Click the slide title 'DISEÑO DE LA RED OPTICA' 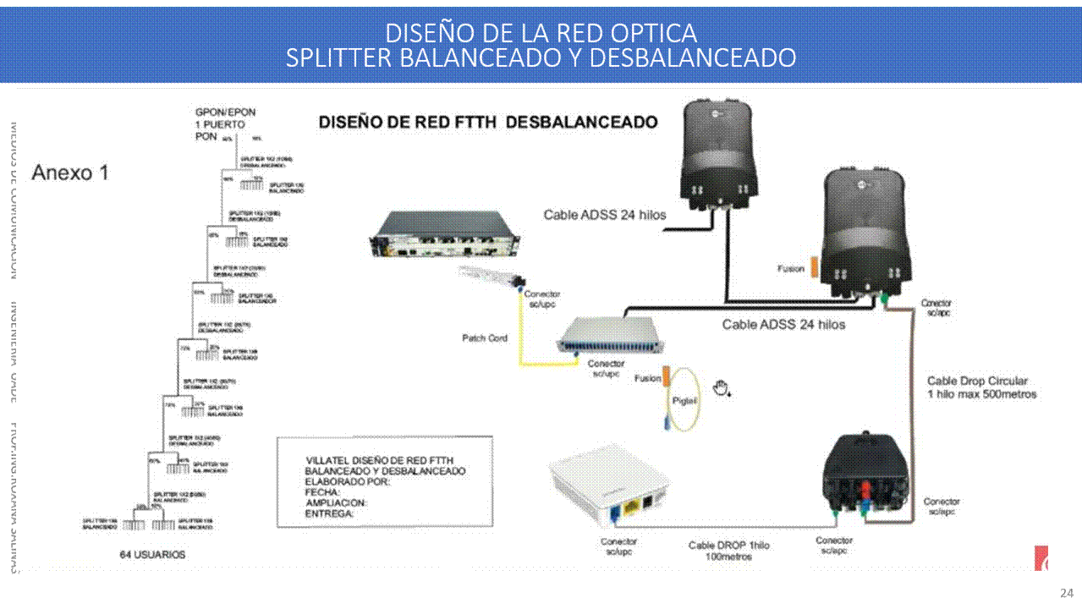[541, 33]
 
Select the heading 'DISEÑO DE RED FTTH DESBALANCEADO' [488, 123]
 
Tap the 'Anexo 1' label [70, 173]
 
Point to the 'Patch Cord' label [485, 338]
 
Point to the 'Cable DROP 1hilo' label [728, 546]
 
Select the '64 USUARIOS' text [152, 555]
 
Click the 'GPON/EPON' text [225, 112]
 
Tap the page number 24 [1066, 593]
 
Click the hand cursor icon [721, 388]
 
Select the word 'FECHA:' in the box [322, 492]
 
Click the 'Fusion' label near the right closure [791, 269]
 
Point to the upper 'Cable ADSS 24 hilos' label [604, 215]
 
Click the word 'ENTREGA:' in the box [329, 513]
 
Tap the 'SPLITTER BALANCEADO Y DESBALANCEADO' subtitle [541, 58]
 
